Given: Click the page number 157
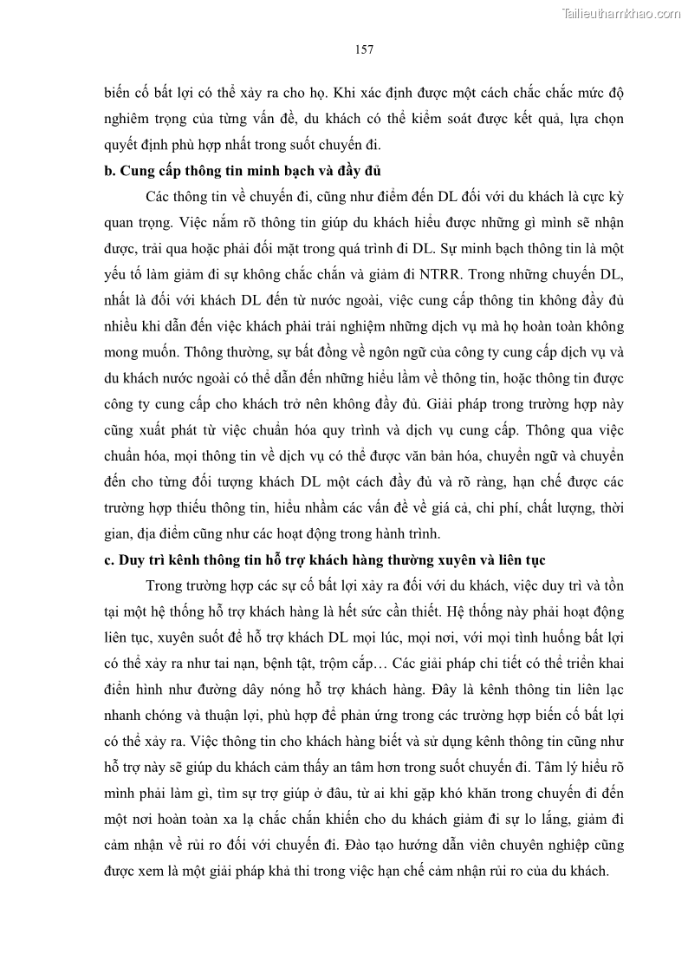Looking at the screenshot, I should click(x=364, y=49).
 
